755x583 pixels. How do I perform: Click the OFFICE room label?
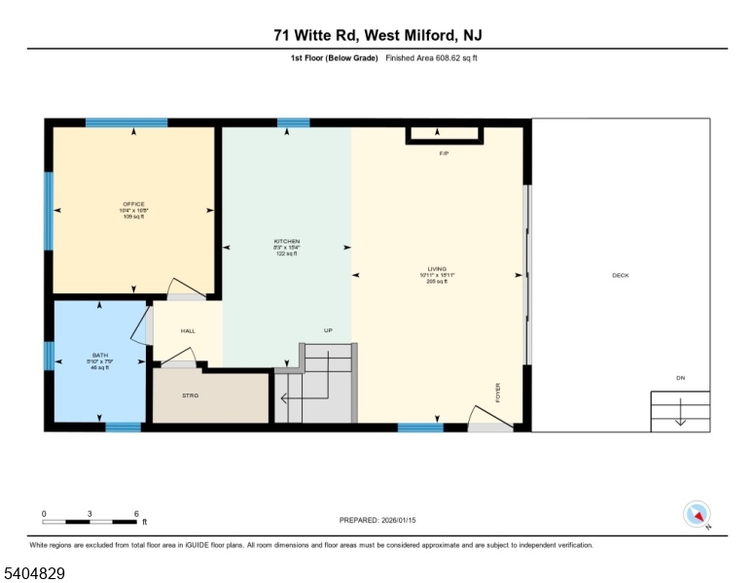coord(133,204)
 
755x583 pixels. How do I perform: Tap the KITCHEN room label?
coord(286,241)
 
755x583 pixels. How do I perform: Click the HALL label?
coord(188,331)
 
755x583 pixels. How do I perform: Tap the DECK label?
coord(620,275)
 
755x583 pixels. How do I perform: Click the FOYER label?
coord(497,392)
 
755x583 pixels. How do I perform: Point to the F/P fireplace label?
coord(444,154)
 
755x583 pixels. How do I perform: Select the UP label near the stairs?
coord(329,330)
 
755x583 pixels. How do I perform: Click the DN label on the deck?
coord(680,377)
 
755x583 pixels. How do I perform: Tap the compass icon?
coord(698,514)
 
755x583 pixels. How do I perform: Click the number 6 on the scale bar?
coord(137,513)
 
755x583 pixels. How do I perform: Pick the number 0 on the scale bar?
coord(44,513)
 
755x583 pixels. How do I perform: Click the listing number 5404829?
coord(34,573)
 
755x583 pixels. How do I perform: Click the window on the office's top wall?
coord(126,122)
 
